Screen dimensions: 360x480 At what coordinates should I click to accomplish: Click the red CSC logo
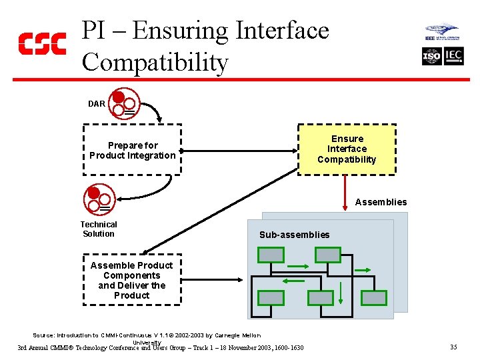click(41, 43)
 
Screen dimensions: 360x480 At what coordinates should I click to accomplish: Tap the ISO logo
click(432, 57)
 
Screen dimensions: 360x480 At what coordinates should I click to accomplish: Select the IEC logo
click(454, 57)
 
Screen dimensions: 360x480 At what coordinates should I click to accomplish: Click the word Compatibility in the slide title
click(155, 63)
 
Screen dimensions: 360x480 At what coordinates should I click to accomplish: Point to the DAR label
click(97, 104)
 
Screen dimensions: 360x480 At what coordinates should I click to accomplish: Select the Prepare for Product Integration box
click(132, 151)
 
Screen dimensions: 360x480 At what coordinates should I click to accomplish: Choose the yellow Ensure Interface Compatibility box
click(347, 149)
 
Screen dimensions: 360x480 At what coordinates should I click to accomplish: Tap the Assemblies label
click(381, 202)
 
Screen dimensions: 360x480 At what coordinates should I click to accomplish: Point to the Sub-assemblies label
click(294, 235)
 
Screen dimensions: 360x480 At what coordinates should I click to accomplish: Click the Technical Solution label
click(99, 229)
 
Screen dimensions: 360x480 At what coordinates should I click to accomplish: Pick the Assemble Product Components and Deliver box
click(132, 280)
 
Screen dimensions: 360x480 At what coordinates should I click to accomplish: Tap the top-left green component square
click(271, 255)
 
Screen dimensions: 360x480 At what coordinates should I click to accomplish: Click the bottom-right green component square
click(375, 297)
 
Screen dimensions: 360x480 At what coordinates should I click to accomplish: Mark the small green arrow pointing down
click(339, 292)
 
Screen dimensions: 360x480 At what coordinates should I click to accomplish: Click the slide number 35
click(453, 347)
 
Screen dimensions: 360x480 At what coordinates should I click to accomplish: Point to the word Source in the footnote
click(43, 335)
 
